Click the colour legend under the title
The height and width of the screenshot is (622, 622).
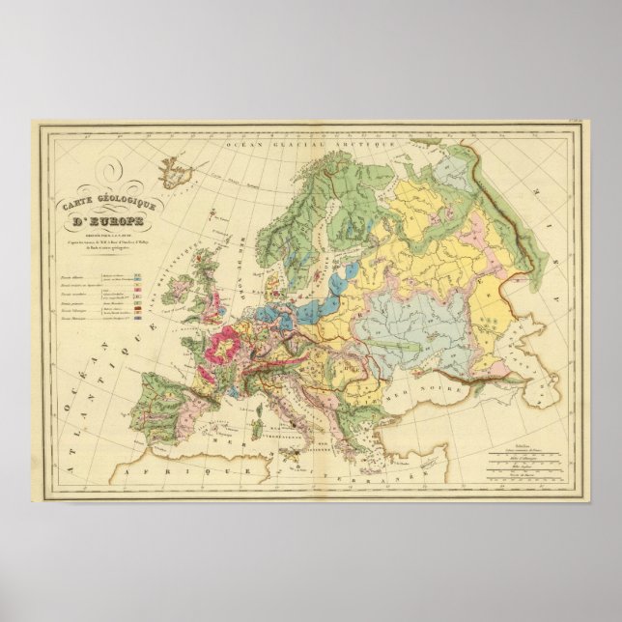click(97, 290)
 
